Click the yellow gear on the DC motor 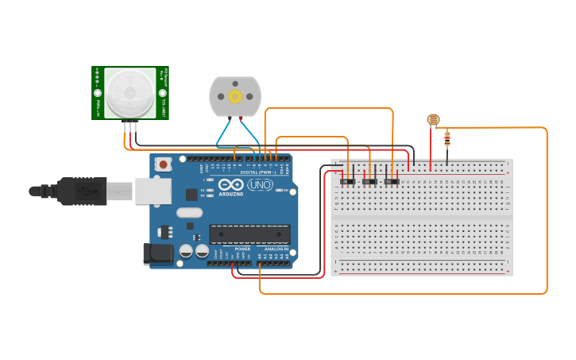[235, 96]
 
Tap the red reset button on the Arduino [164, 165]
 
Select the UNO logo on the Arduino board [260, 185]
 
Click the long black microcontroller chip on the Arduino [249, 234]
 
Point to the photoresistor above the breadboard [433, 120]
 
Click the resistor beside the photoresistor [447, 139]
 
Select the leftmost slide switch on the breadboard [348, 182]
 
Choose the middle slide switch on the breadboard [369, 182]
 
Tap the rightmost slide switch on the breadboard [392, 182]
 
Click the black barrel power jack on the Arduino [157, 254]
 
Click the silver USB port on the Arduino [153, 192]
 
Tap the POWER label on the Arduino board [242, 249]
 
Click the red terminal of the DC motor [241, 118]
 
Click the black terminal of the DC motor [230, 118]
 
